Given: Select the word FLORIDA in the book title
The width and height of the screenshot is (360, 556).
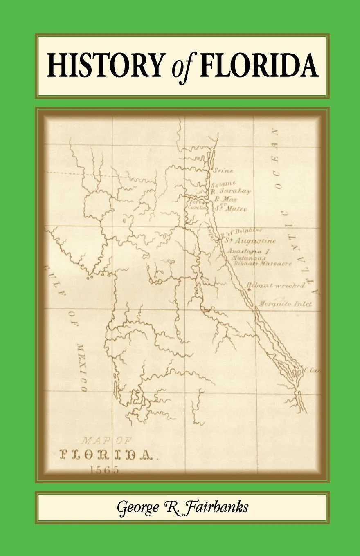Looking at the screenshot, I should (x=259, y=65).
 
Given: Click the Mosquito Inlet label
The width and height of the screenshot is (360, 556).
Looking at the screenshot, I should (x=285, y=304).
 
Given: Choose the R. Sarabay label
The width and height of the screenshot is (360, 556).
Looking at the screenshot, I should (x=231, y=191).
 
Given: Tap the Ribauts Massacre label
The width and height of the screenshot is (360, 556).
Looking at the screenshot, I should (x=263, y=264).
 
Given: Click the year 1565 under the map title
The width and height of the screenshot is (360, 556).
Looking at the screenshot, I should (x=104, y=470).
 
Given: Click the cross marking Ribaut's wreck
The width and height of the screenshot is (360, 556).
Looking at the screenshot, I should (x=249, y=289).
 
